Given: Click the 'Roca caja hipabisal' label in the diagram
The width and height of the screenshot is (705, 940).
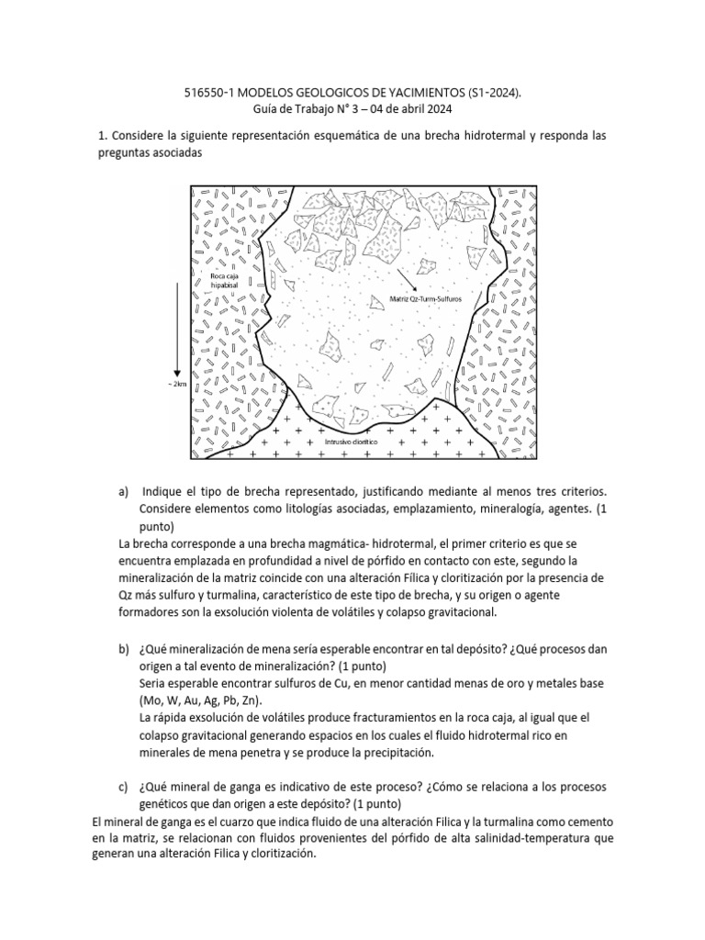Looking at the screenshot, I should click(x=226, y=279).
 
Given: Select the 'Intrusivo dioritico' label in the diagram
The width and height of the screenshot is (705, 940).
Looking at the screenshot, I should click(x=352, y=442).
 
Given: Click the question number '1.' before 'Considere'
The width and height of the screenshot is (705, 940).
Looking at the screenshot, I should click(x=102, y=136).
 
